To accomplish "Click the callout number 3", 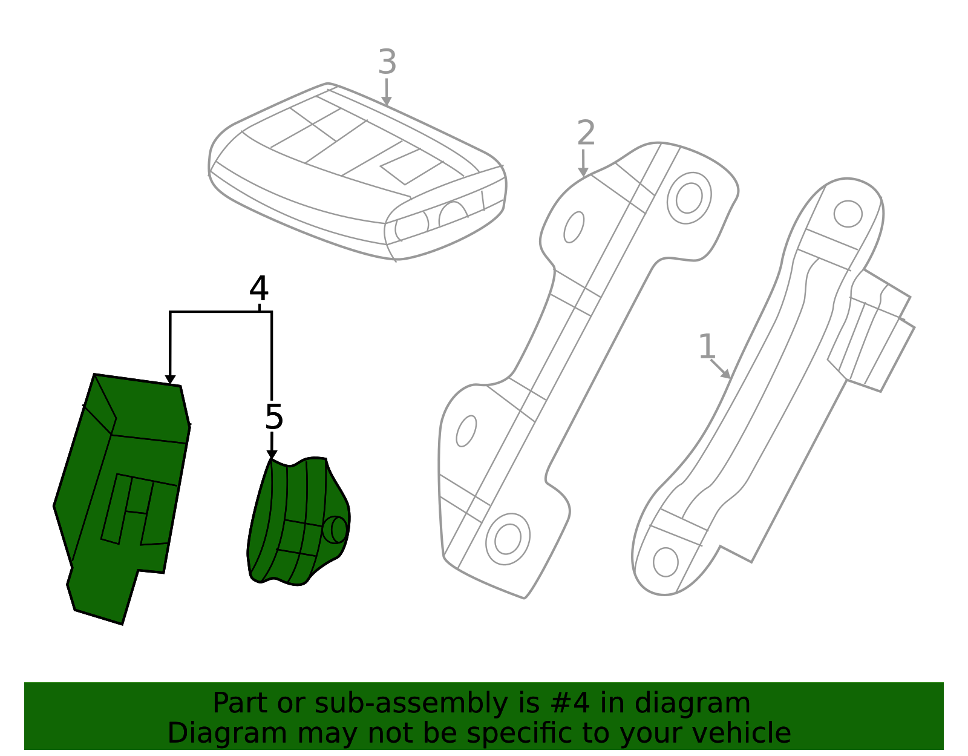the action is pyautogui.click(x=387, y=62).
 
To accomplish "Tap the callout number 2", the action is pyautogui.click(x=586, y=133).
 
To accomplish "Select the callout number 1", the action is pyautogui.click(x=707, y=346).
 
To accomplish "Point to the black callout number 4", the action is pyautogui.click(x=259, y=288).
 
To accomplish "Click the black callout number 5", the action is pyautogui.click(x=274, y=417).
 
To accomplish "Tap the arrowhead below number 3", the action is pyautogui.click(x=386, y=100).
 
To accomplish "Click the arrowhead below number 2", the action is pyautogui.click(x=583, y=172).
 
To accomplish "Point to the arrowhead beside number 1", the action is pyautogui.click(x=725, y=374).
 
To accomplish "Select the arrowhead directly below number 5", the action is pyautogui.click(x=272, y=455).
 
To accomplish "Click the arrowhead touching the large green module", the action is pyautogui.click(x=170, y=380).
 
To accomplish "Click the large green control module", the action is pyautogui.click(x=122, y=499).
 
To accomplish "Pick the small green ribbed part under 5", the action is pyautogui.click(x=298, y=521).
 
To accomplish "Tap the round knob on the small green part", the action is pyautogui.click(x=335, y=530).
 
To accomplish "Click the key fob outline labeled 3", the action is pyautogui.click(x=358, y=171).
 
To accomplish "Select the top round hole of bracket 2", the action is pyautogui.click(x=688, y=198).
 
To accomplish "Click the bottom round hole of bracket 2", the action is pyautogui.click(x=508, y=539).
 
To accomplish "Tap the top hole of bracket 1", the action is pyautogui.click(x=848, y=214).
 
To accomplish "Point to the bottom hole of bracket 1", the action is pyautogui.click(x=665, y=562).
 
